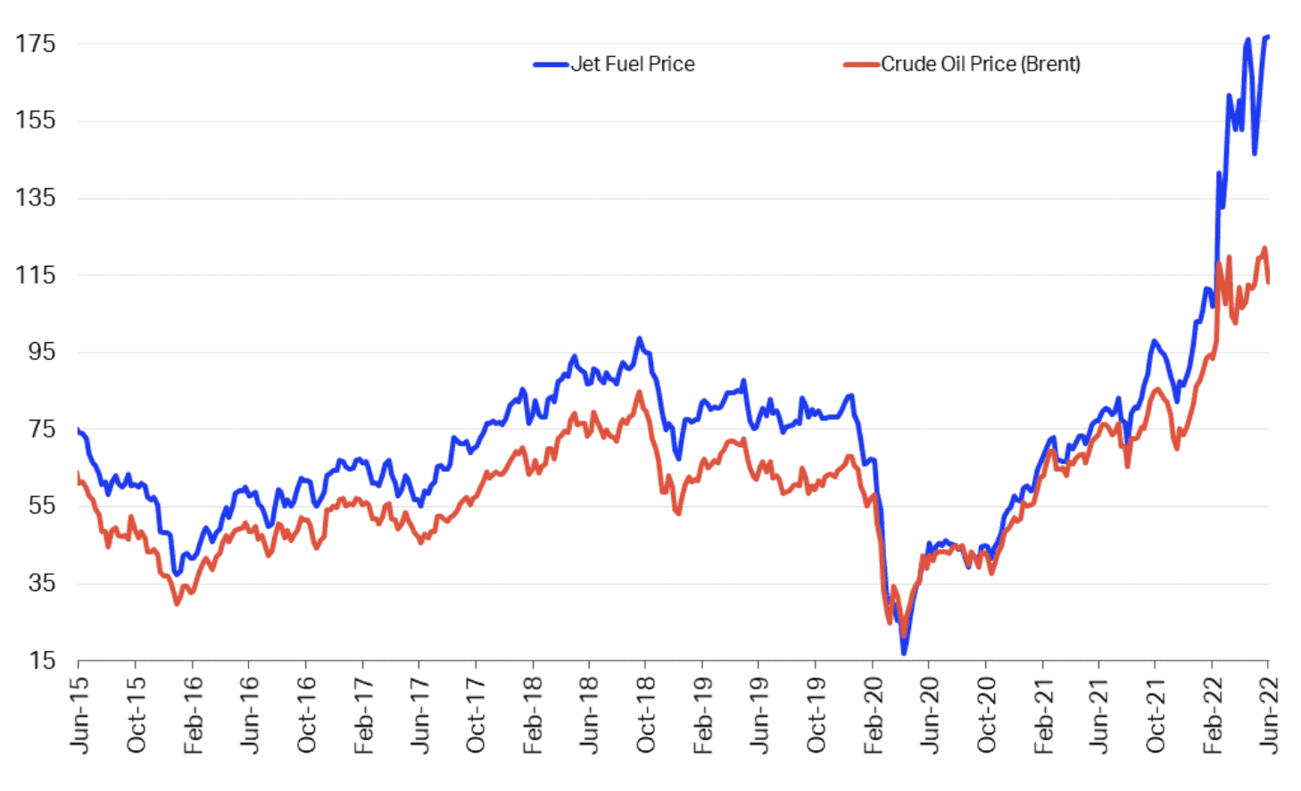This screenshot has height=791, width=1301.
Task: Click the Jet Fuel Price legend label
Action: pyautogui.click(x=633, y=64)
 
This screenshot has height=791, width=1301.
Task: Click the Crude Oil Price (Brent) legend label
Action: pyautogui.click(x=981, y=64)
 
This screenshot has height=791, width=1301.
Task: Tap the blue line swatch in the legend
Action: pyautogui.click(x=551, y=64)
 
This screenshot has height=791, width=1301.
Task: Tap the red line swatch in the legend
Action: pyautogui.click(x=862, y=64)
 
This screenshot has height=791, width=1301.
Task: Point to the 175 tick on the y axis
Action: pyautogui.click(x=36, y=44)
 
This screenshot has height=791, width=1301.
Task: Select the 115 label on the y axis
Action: pyautogui.click(x=36, y=275)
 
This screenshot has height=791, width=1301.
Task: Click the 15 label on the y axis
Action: pyautogui.click(x=42, y=661)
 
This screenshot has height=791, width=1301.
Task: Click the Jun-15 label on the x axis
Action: pyautogui.click(x=79, y=714)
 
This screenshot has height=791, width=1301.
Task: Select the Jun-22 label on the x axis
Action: pyautogui.click(x=1269, y=714)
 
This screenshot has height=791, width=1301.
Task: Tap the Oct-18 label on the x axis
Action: pyautogui.click(x=646, y=714)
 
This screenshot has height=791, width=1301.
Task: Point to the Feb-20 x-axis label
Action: pyautogui.click(x=873, y=714)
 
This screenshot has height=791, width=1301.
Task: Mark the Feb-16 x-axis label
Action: pyautogui.click(x=193, y=714)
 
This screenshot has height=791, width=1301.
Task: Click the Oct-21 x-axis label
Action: pyautogui.click(x=1156, y=714)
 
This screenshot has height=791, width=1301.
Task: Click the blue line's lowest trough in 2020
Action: pyautogui.click(x=904, y=654)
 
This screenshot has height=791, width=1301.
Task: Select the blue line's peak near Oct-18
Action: pyautogui.click(x=639, y=338)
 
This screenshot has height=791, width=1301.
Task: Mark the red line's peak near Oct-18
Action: pyautogui.click(x=639, y=392)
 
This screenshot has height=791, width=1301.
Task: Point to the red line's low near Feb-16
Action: pyautogui.click(x=177, y=604)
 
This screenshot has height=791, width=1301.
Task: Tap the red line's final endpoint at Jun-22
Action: pyautogui.click(x=1268, y=282)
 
